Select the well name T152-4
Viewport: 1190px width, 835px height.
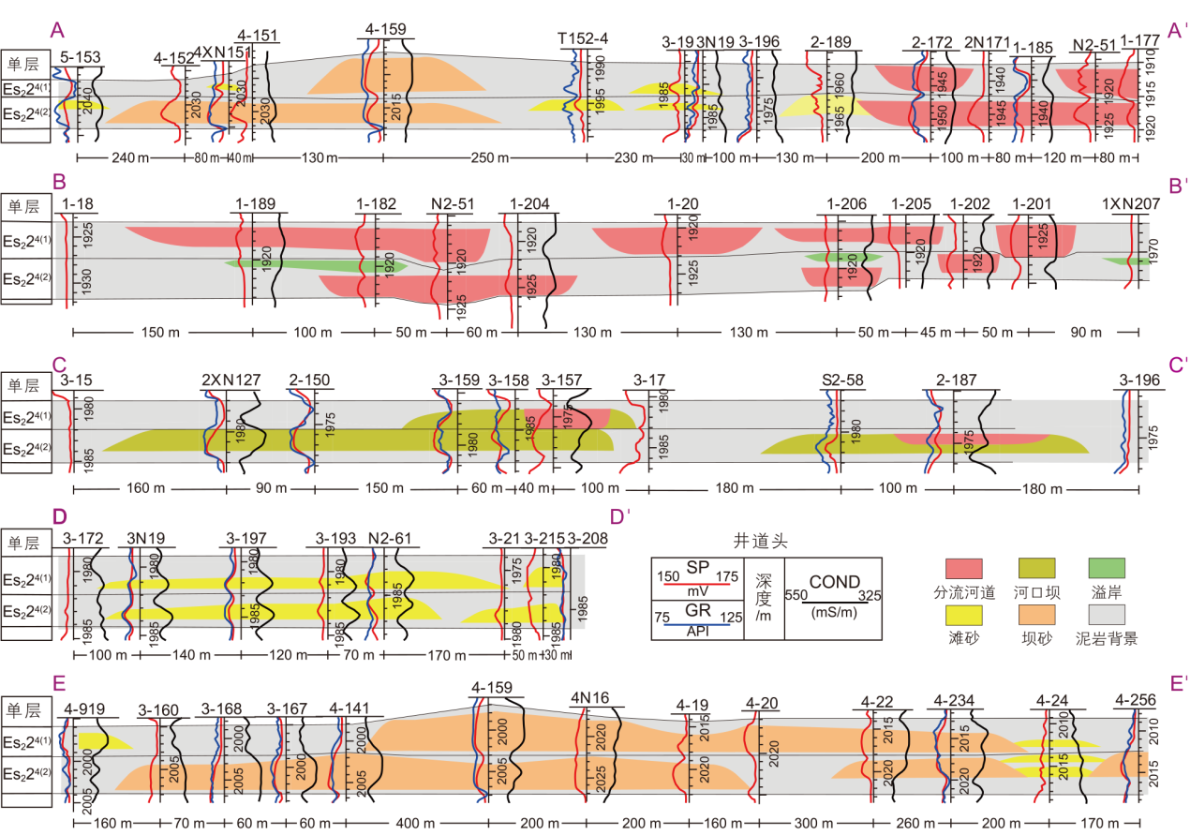click(x=583, y=38)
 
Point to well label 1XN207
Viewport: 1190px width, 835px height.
click(x=1127, y=205)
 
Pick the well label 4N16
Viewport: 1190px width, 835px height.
click(x=589, y=698)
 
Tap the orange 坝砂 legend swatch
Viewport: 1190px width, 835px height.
click(x=1036, y=614)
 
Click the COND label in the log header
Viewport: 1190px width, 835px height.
click(x=835, y=582)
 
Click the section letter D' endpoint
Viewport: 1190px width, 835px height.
click(x=617, y=516)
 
